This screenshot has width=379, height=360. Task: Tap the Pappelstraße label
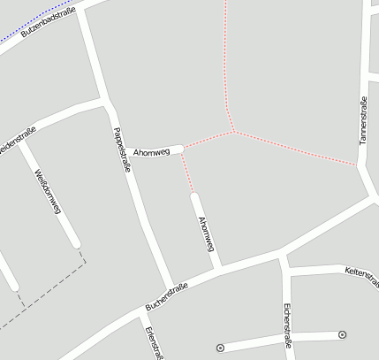[x=123, y=149]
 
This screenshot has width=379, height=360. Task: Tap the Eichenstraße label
[x=287, y=326]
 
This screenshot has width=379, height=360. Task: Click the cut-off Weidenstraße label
[x=17, y=140]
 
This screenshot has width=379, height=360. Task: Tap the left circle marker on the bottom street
[x=220, y=347]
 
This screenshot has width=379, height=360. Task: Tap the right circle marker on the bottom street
[x=342, y=334]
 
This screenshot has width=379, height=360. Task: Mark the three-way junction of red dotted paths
[x=233, y=132]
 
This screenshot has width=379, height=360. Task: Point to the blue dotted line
[x=22, y=34]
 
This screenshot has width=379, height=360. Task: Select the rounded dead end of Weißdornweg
[x=76, y=242]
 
